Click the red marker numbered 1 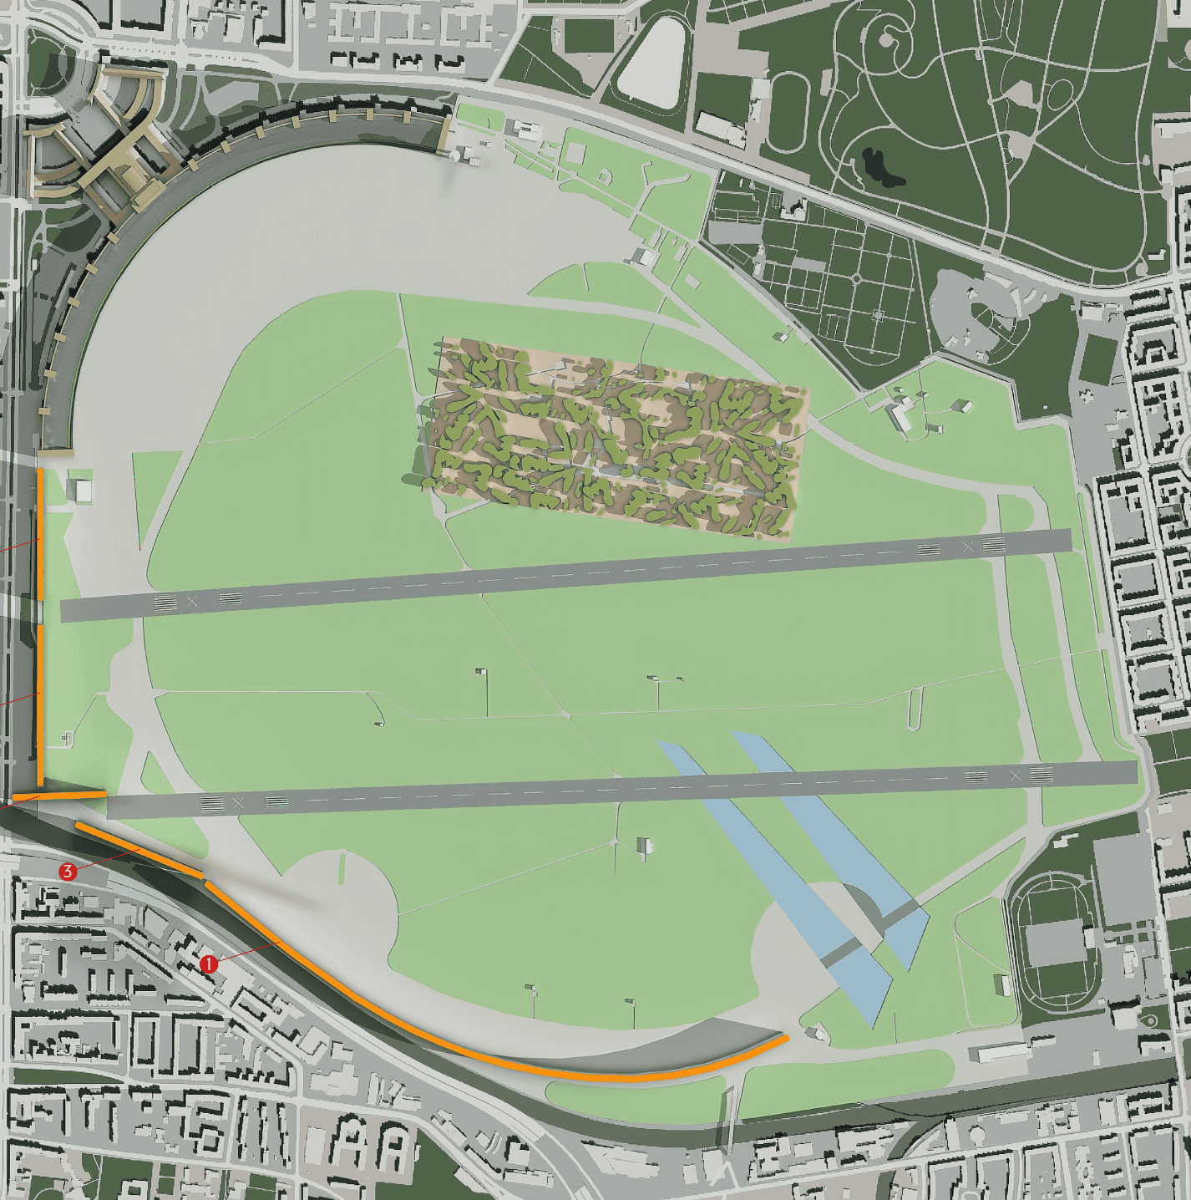click(209, 964)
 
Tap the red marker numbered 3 click(68, 872)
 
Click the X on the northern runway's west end click(193, 601)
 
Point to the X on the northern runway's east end click(968, 547)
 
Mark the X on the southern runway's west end click(239, 803)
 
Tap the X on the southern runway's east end click(1016, 776)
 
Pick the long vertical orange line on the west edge click(40, 627)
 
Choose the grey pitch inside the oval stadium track click(1054, 943)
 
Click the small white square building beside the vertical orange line click(83, 491)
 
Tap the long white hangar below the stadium click(1001, 1051)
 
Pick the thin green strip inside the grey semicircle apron click(341, 867)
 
